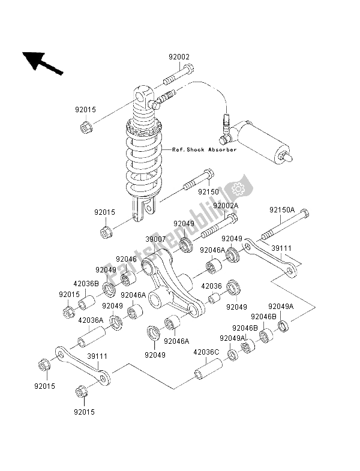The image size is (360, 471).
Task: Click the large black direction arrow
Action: pyautogui.click(x=42, y=62)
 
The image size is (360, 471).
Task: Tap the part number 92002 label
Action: pyautogui.click(x=178, y=58)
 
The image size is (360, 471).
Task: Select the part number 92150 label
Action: pyautogui.click(x=210, y=193)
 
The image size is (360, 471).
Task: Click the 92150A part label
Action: pyautogui.click(x=281, y=211)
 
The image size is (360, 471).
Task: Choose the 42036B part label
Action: pyautogui.click(x=86, y=285)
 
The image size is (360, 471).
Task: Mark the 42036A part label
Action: pyautogui.click(x=89, y=320)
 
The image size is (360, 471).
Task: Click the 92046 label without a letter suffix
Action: pyautogui.click(x=127, y=259)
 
